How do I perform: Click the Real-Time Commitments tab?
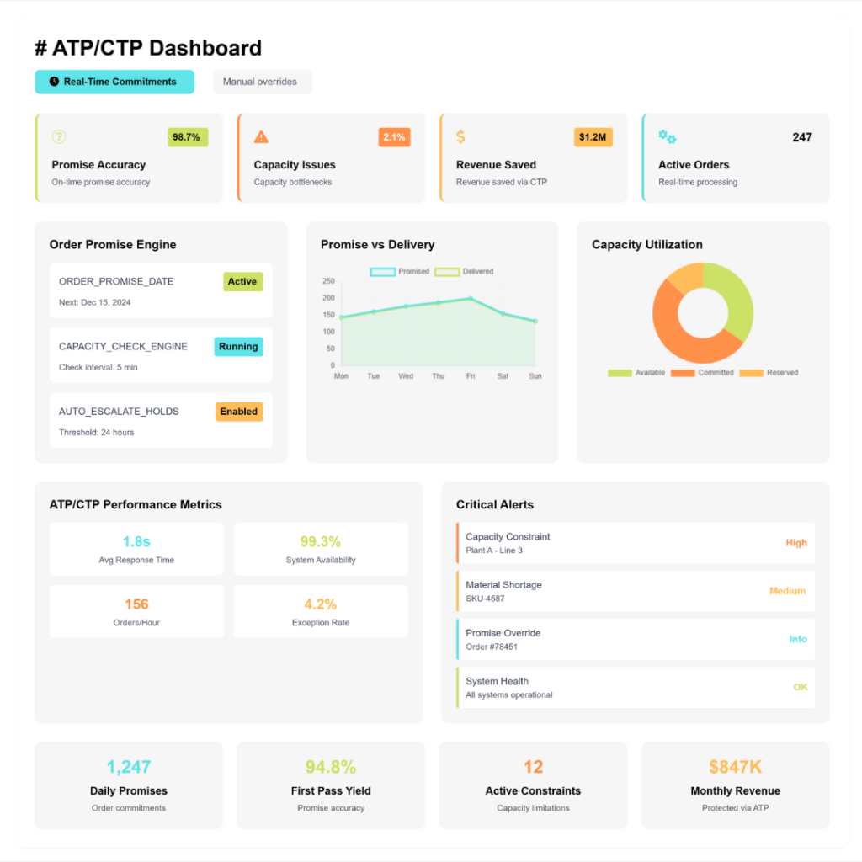[x=114, y=82]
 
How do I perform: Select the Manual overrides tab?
[x=262, y=82]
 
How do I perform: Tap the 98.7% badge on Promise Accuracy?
[x=188, y=137]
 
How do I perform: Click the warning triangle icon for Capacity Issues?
[x=261, y=137]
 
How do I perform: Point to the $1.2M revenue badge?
[x=593, y=137]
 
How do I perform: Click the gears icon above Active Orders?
[x=667, y=137]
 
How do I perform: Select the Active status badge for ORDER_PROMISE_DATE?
[x=242, y=282]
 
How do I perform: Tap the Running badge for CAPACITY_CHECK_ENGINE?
[x=238, y=347]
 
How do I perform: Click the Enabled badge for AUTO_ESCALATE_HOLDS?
[x=239, y=412]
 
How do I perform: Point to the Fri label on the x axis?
[x=471, y=376]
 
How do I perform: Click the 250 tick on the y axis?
[x=328, y=281]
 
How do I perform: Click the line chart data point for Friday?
[x=471, y=298]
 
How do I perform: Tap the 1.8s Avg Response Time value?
[x=136, y=541]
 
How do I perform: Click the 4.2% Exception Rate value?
[x=321, y=604]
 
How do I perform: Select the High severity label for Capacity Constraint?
[x=796, y=543]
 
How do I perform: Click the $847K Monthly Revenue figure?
[x=735, y=767]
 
